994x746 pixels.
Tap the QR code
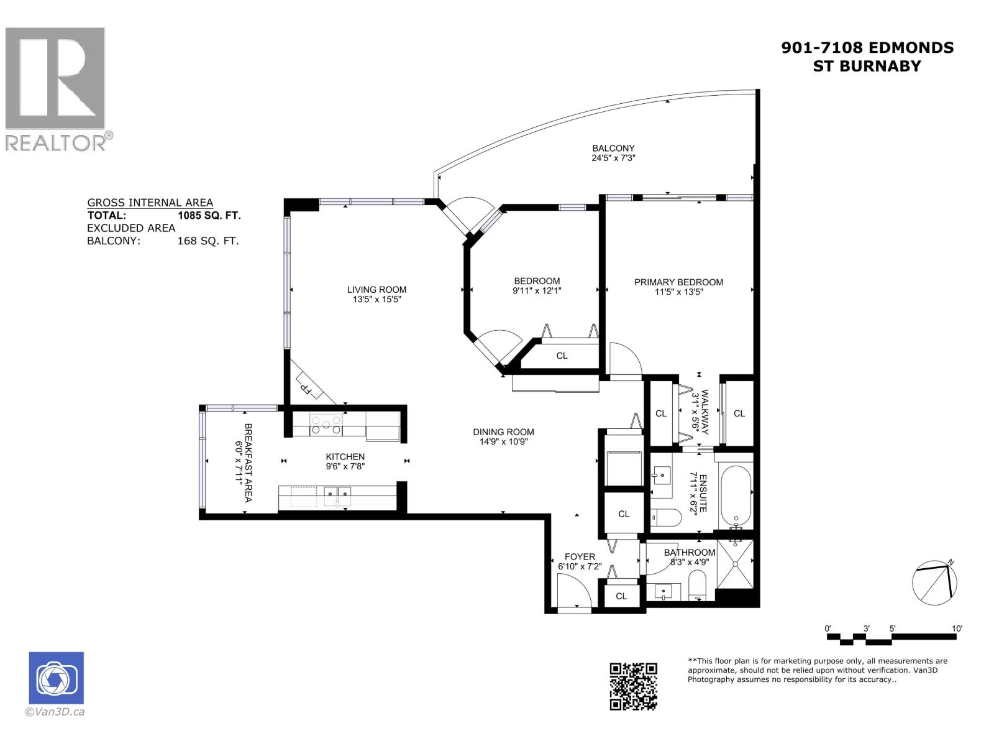[633, 686]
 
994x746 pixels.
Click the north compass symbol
[934, 583]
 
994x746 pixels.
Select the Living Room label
[376, 289]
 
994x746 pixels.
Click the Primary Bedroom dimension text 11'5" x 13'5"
[678, 292]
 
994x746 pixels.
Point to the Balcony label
[613, 148]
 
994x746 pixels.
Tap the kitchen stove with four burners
[327, 425]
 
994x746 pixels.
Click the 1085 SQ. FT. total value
[209, 216]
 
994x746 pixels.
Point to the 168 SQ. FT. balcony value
[207, 241]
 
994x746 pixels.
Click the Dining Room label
[503, 432]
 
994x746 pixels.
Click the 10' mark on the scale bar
[957, 629]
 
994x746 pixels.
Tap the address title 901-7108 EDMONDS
[867, 48]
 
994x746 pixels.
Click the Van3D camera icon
[56, 678]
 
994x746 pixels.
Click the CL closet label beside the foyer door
[621, 596]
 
